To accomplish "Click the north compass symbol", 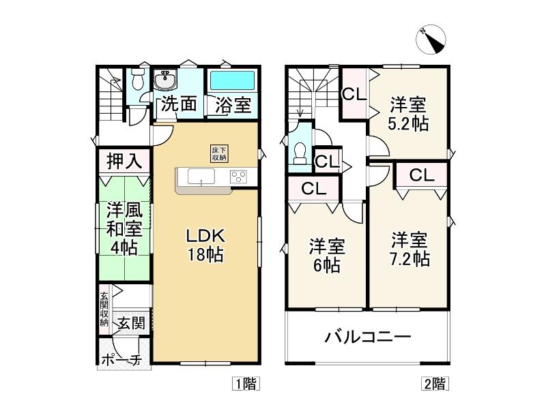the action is (x=431, y=40).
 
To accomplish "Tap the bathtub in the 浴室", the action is (x=232, y=80).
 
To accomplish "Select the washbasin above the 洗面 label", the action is (x=165, y=80).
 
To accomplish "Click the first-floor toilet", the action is (x=139, y=79).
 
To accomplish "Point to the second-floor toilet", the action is (x=300, y=154).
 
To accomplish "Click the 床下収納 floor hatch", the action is (x=219, y=154).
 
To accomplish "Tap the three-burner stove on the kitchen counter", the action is (x=238, y=177).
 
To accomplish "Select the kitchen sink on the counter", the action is (x=201, y=176).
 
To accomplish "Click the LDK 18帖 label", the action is (x=206, y=245).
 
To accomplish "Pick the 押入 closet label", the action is (x=124, y=161).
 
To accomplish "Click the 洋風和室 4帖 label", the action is (x=124, y=228).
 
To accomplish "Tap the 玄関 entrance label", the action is (x=130, y=323).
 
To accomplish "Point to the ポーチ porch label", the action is (x=121, y=360).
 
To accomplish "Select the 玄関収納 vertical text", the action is (x=104, y=309).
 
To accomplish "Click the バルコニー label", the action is (x=368, y=337).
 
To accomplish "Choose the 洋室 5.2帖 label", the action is (x=408, y=114).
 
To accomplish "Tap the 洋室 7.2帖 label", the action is (x=409, y=249).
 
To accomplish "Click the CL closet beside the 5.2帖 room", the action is (x=354, y=94).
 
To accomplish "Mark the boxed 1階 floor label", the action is (x=246, y=384).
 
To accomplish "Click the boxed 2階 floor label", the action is (x=435, y=384).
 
